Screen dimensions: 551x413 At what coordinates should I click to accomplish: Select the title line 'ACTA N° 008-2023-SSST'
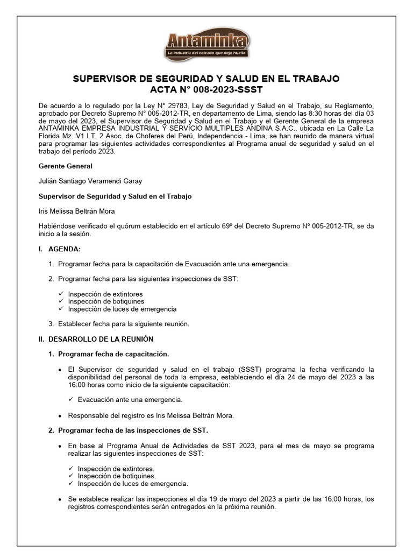206,89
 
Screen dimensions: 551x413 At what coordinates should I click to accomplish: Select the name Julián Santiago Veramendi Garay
90,181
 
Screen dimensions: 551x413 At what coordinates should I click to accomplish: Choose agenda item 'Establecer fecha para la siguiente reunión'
124,323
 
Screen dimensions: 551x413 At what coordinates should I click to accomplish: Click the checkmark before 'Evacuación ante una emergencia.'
71,400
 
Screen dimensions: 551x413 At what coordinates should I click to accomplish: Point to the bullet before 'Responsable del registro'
59,416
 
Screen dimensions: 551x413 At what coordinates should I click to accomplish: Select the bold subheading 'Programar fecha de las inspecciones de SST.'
133,430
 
